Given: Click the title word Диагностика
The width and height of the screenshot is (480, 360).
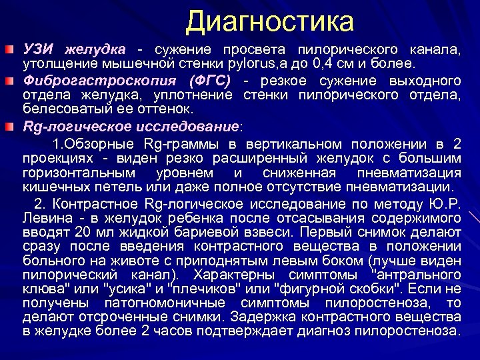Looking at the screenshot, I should click(x=270, y=22).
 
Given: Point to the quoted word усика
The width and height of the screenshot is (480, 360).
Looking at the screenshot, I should click(x=131, y=289).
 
